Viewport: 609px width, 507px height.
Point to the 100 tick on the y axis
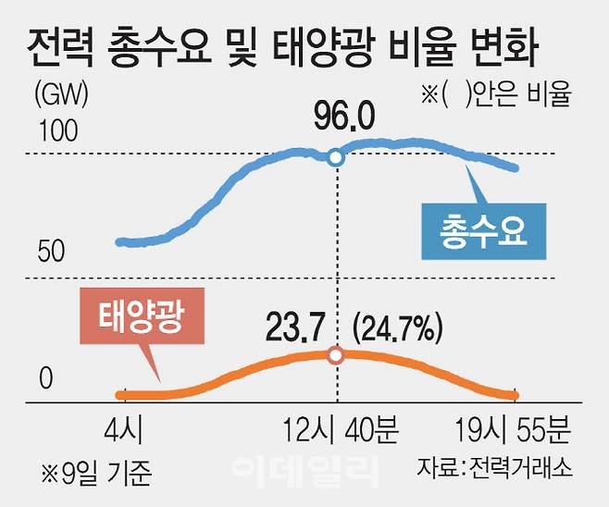[57, 135]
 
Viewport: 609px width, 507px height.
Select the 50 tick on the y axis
[53, 251]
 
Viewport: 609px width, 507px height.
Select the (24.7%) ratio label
[399, 328]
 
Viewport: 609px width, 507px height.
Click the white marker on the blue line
[336, 158]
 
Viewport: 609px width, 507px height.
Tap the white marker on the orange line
[336, 355]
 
